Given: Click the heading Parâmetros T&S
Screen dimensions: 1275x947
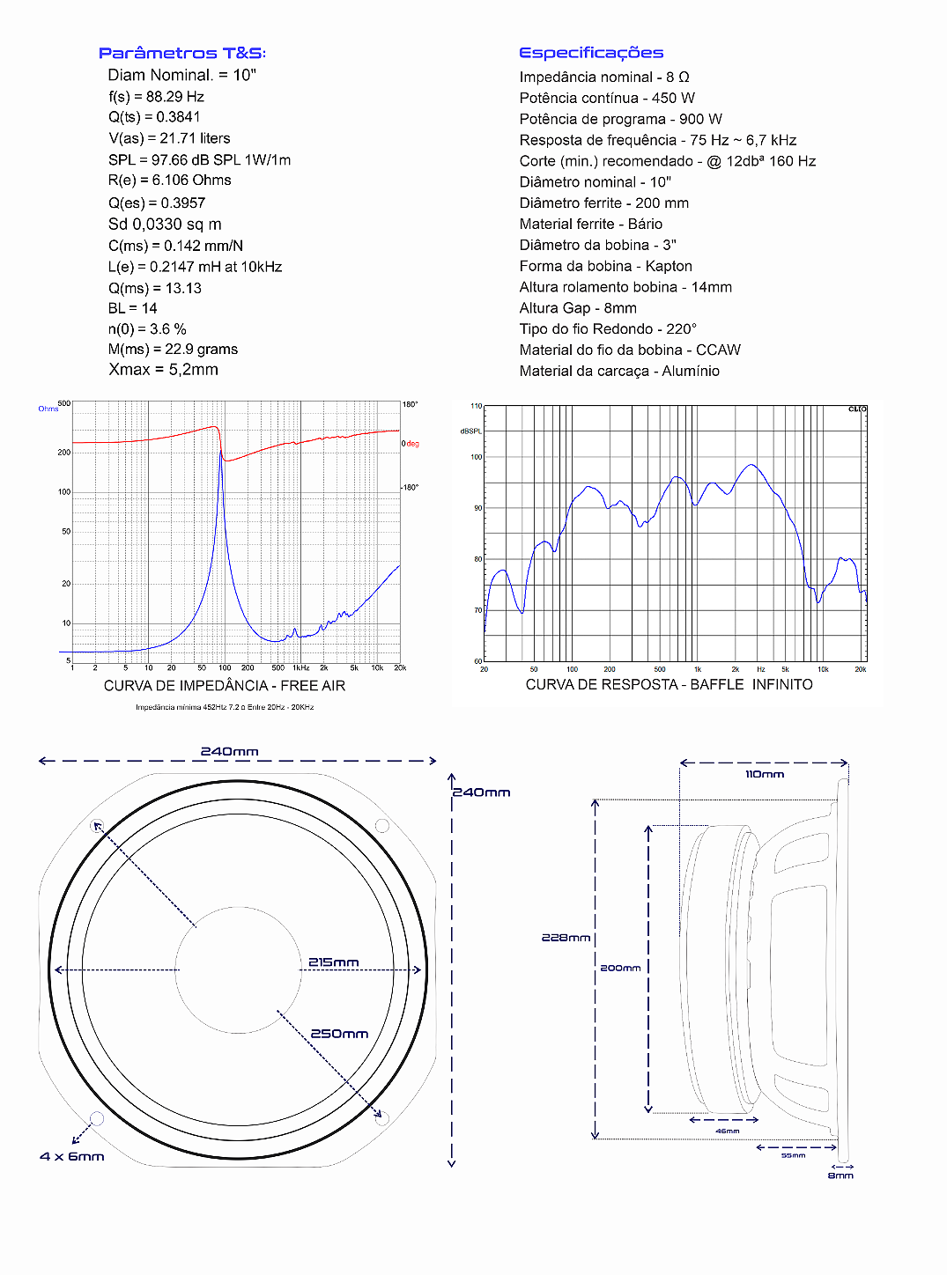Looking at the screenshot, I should tap(181, 54).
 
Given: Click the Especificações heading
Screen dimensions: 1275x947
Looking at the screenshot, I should tap(591, 54).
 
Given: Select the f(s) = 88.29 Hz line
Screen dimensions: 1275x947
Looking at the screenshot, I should tap(156, 97).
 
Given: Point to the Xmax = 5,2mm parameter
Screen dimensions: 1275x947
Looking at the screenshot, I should tap(163, 370).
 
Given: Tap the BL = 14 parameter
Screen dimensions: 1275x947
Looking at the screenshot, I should tap(132, 308).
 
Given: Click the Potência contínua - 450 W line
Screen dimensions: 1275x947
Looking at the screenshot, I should tap(607, 98).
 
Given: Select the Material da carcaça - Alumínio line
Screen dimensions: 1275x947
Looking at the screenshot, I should tap(619, 371).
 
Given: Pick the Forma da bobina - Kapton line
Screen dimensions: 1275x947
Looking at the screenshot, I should tap(605, 266).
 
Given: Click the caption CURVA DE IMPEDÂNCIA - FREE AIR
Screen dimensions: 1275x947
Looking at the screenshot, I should tap(225, 686).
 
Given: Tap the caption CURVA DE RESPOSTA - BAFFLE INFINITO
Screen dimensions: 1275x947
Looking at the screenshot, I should tap(669, 685).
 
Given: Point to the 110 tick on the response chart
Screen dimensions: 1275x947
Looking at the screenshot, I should tap(476, 406).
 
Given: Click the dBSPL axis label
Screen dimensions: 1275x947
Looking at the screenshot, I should tap(470, 431).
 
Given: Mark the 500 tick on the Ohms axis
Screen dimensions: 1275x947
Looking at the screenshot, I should tap(64, 403).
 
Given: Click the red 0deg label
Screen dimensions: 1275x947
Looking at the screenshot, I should tap(411, 444).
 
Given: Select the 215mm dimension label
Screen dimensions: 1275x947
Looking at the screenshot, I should tap(333, 962).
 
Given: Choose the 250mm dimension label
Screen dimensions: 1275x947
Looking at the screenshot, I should tap(339, 1034).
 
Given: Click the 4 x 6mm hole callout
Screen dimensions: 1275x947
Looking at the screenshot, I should tap(72, 1156).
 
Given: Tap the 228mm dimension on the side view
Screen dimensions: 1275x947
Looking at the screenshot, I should tap(566, 938).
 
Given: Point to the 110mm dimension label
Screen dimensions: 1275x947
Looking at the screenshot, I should tap(764, 775).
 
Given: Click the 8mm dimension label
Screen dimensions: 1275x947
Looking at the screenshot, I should tap(840, 1176).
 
